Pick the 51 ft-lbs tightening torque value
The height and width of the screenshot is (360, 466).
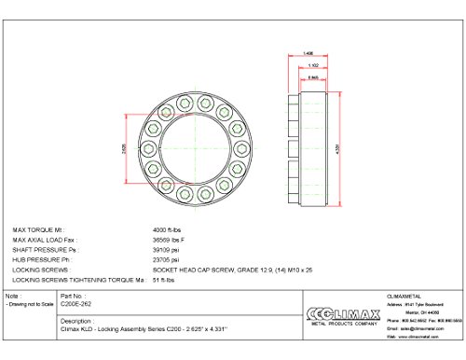point(165,278)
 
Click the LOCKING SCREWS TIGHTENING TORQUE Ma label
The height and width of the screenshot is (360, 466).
point(79,278)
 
